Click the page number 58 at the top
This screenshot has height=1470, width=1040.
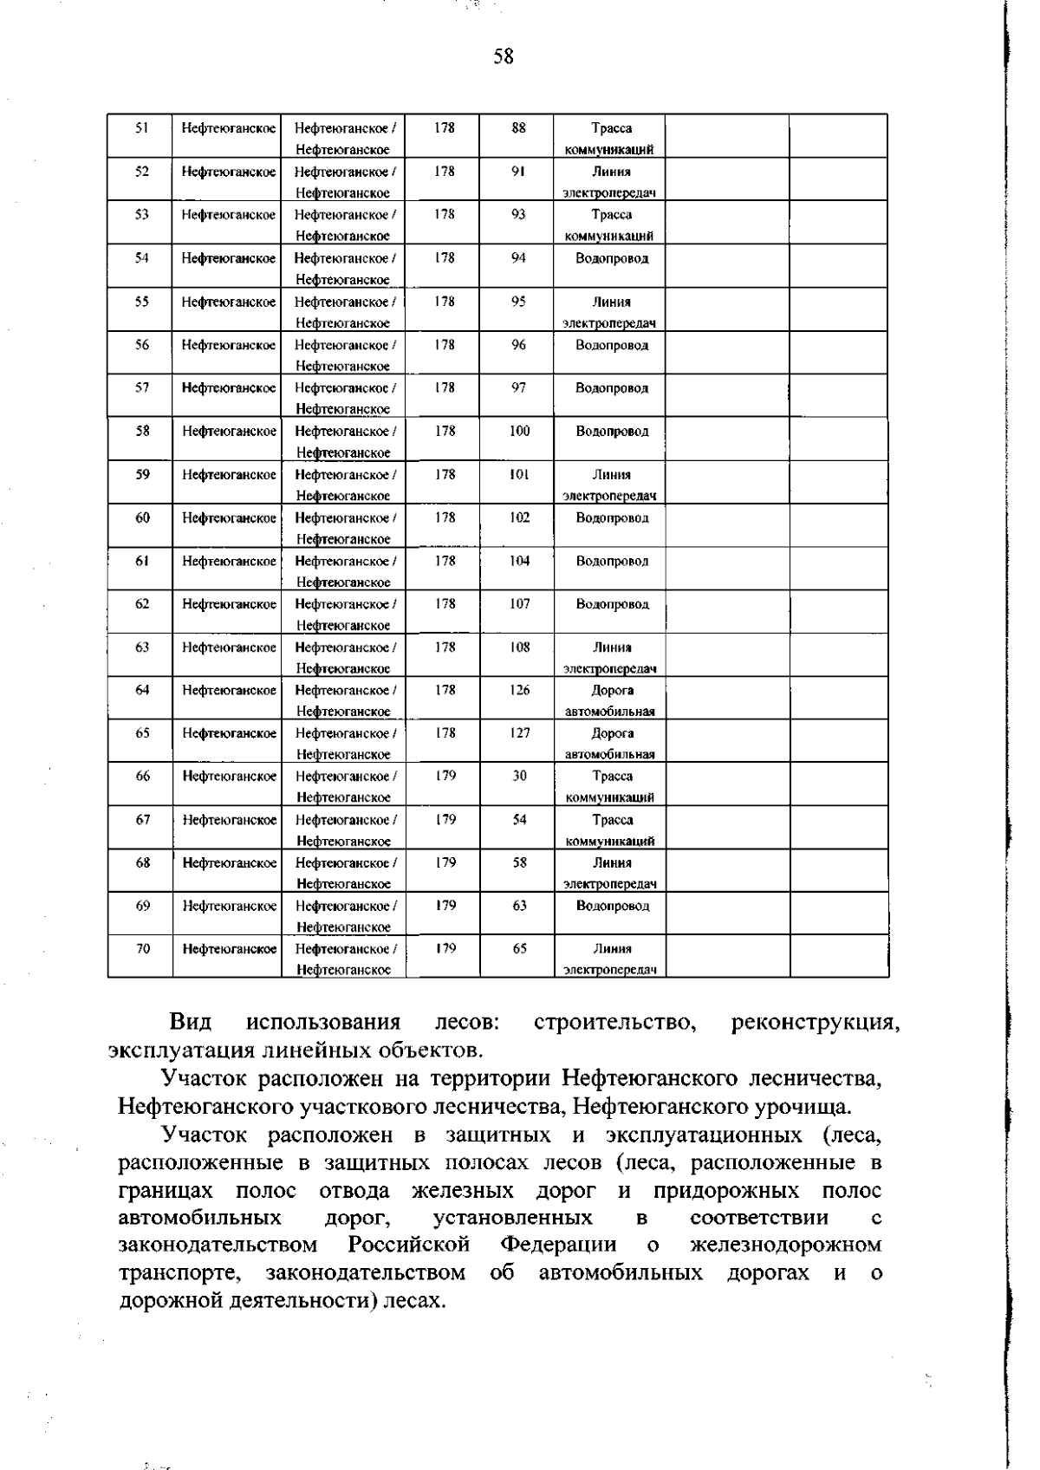(504, 57)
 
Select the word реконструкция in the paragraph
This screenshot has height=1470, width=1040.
(815, 1023)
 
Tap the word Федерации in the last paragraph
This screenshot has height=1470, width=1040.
(558, 1246)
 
